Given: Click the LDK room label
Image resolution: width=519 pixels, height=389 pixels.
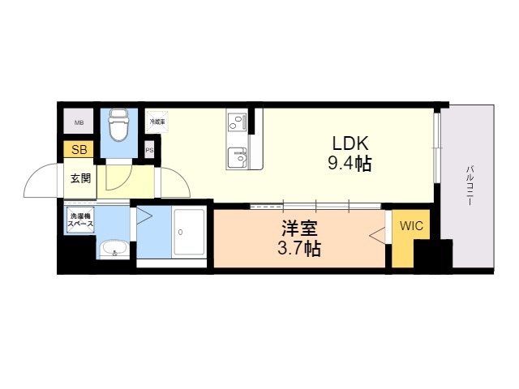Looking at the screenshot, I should (342, 144).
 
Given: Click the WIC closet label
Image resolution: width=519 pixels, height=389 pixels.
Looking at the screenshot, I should (411, 228).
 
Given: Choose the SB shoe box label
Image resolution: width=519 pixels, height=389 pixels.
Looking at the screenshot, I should (79, 150).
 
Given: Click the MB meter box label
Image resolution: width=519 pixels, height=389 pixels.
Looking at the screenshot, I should (79, 123).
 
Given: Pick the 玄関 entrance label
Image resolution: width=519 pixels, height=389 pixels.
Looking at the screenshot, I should (79, 178).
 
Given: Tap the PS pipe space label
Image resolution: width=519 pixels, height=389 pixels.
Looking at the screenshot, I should (149, 150).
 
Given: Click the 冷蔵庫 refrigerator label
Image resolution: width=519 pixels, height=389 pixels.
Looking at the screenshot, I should (157, 122).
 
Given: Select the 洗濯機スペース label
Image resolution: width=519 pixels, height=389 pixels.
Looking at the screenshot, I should (81, 219).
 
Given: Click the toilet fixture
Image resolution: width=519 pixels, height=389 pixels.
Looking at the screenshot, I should (119, 126).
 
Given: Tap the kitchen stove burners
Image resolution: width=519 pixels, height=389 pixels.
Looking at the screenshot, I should (238, 123).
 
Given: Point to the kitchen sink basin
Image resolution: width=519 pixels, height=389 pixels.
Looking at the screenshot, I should (238, 154).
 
